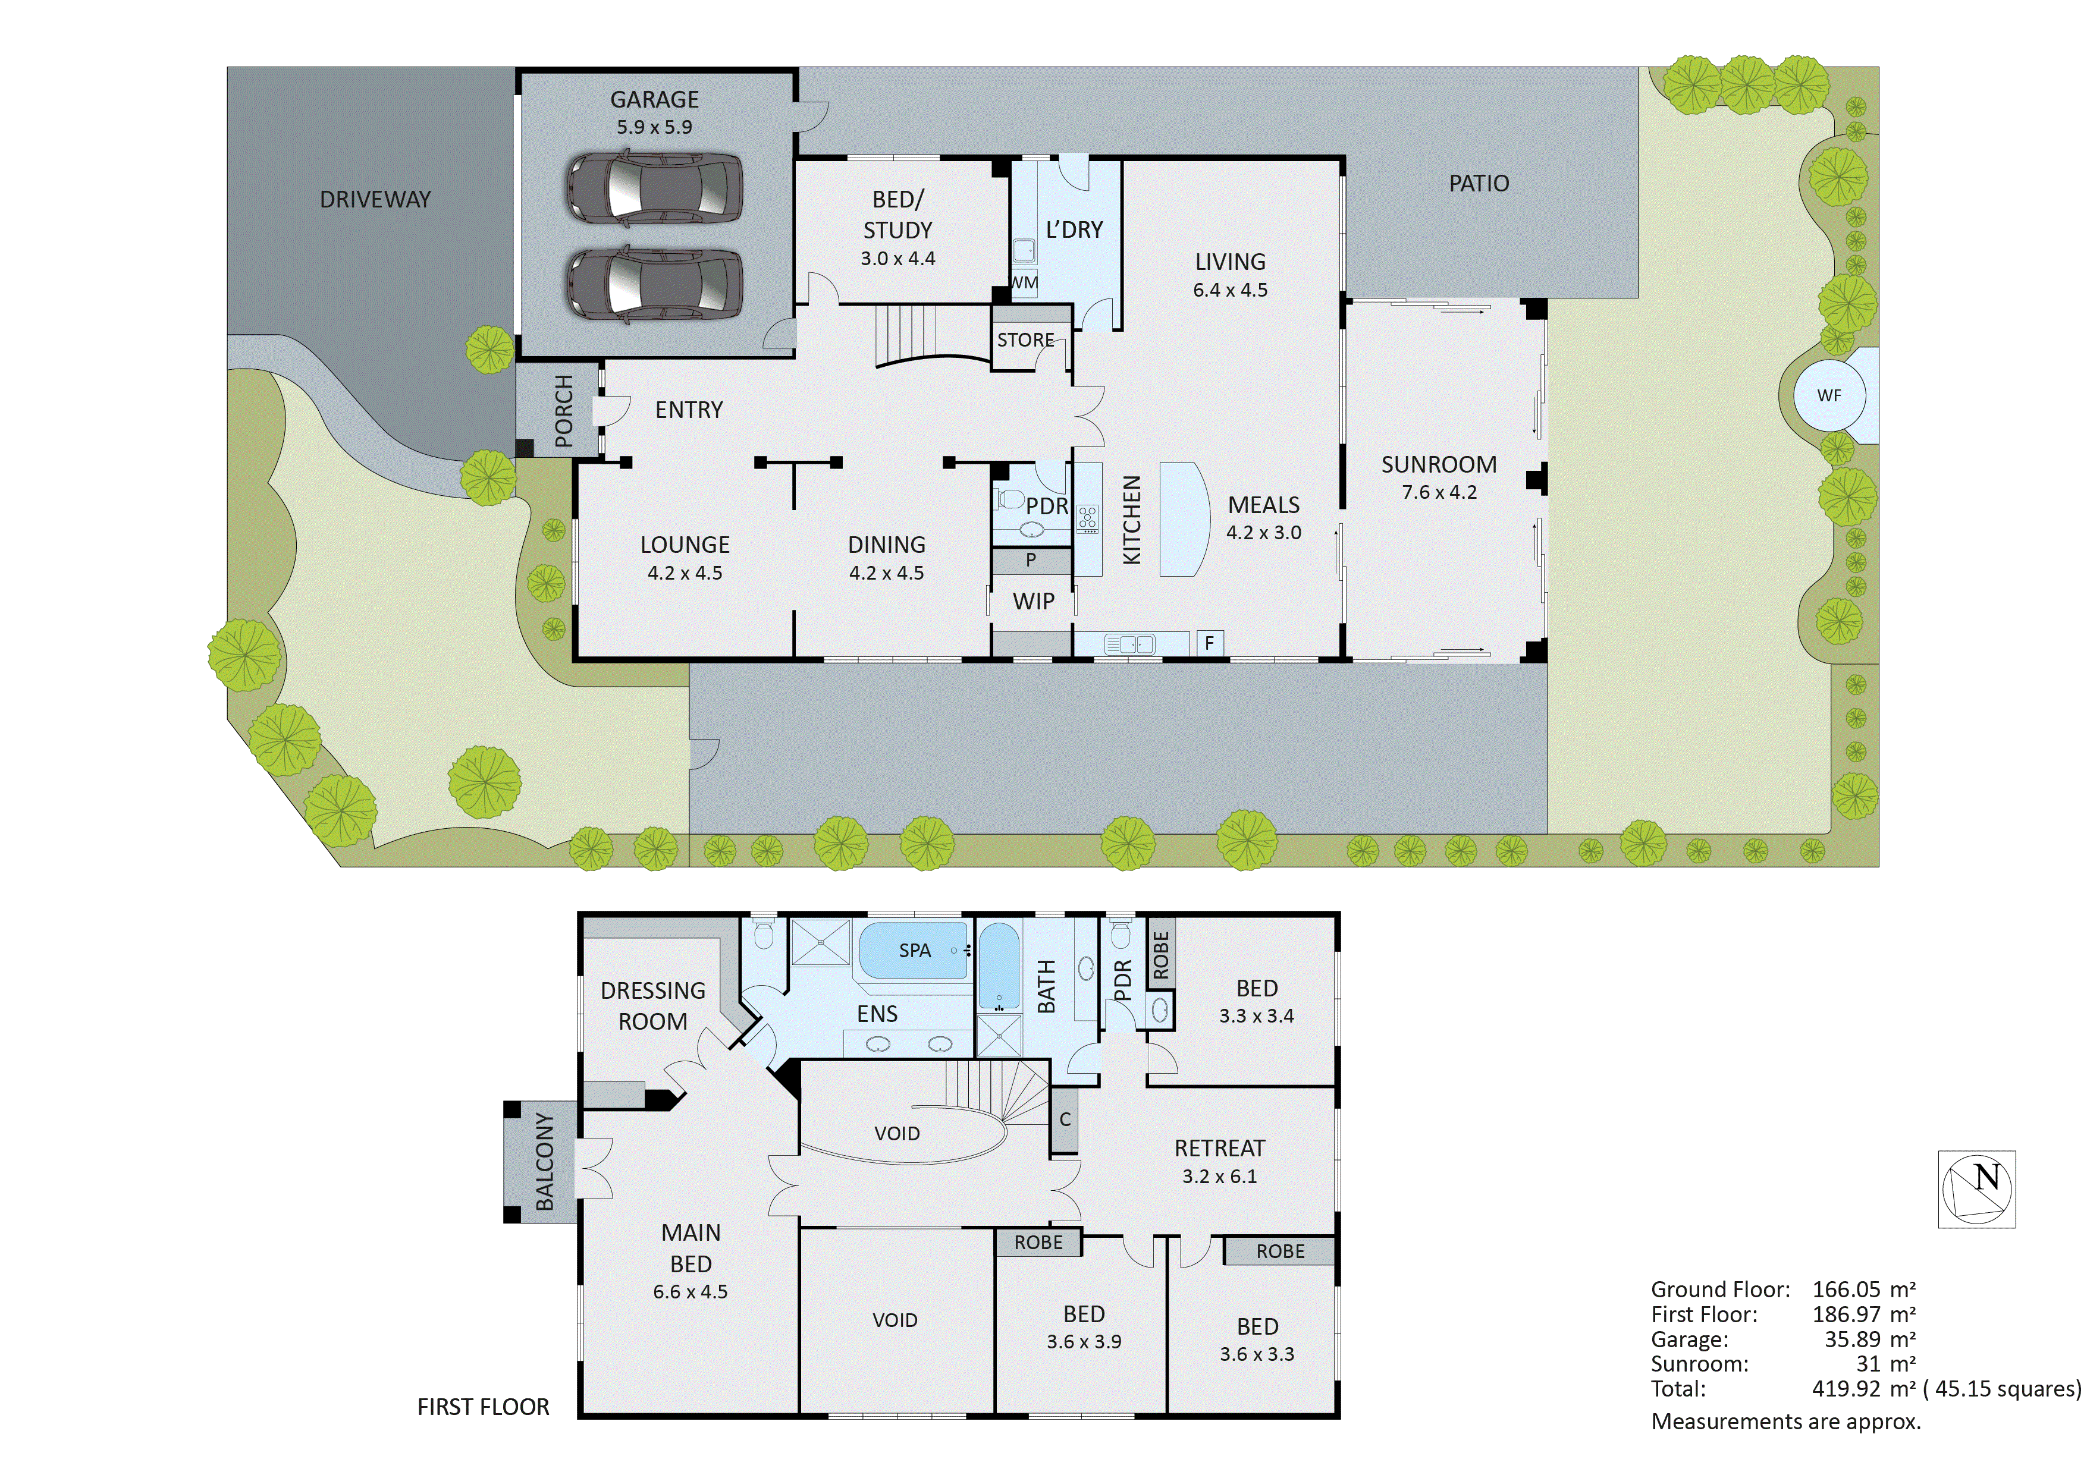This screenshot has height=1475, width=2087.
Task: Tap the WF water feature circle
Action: pos(1829,395)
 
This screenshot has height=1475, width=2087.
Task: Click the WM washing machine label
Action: pos(1024,282)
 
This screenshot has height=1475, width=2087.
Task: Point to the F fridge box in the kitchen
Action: pos(1209,643)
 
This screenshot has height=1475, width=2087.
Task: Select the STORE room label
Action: pos(1025,340)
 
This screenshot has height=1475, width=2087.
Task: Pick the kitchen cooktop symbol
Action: pos(1087,519)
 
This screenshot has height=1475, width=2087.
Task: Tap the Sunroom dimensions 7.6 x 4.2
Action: pos(1439,493)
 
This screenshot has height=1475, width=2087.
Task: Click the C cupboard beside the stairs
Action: pos(1065,1119)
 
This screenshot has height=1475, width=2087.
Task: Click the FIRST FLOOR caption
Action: pos(483,1407)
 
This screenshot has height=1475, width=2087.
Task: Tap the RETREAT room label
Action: pos(1219,1148)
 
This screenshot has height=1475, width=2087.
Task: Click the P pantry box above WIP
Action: pos(1031,560)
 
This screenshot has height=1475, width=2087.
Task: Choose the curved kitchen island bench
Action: pos(1184,519)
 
